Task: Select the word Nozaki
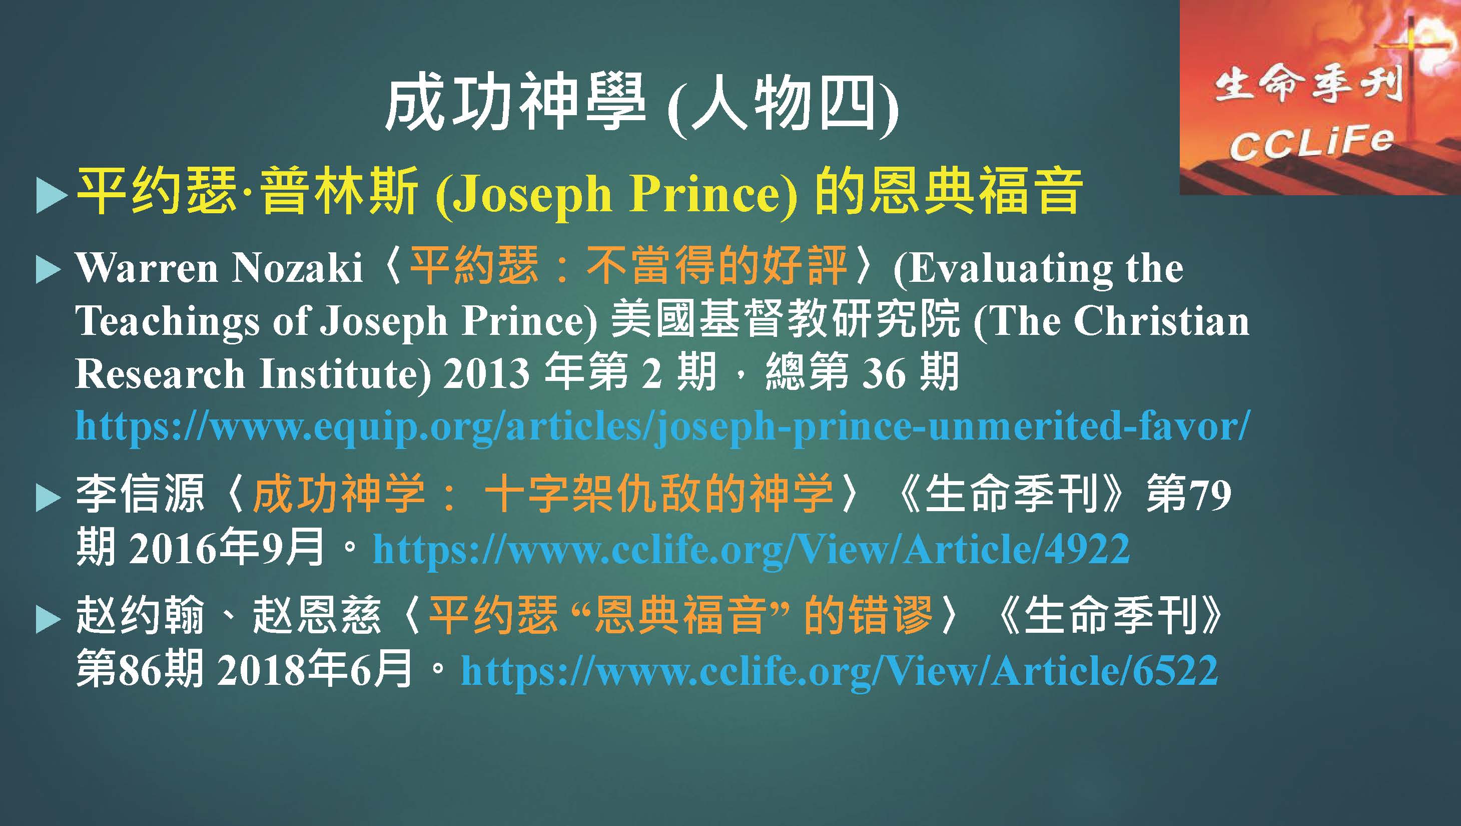[x=298, y=267]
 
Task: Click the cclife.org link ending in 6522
[x=840, y=670]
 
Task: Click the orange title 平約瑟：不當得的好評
[x=628, y=267]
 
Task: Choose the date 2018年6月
[x=315, y=669]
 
